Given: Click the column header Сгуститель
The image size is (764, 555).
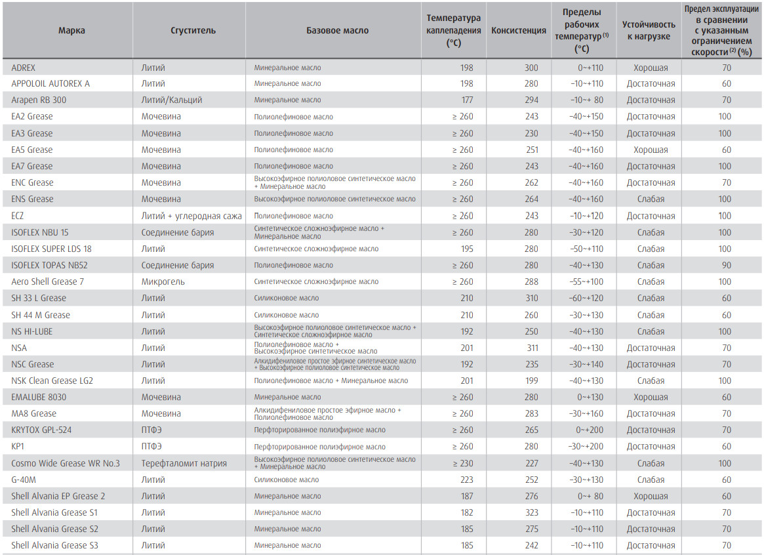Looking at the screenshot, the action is (193, 30).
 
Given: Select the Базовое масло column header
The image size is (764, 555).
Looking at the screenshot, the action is (337, 30).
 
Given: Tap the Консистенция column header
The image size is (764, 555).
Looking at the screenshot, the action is (519, 30).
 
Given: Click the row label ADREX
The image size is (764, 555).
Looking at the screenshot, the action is (24, 68).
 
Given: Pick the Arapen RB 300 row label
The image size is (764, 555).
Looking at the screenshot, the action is (39, 100).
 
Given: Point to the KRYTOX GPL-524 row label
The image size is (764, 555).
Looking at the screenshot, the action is (41, 430).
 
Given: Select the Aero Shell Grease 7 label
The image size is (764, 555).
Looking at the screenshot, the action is (47, 281).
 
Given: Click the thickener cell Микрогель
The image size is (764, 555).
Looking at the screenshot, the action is (163, 281).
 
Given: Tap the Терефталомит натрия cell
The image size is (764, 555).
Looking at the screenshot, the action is (184, 463).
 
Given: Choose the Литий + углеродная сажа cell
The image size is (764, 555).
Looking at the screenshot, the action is (191, 216).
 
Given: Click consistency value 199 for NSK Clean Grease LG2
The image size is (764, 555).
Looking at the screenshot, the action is (532, 380).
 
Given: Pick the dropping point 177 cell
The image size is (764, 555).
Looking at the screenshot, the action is (467, 100).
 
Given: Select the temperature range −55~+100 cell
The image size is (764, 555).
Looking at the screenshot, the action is (586, 281).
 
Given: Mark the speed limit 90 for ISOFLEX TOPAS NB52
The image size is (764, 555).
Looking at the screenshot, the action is (727, 265).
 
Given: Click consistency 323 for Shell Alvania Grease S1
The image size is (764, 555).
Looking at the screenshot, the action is (532, 512).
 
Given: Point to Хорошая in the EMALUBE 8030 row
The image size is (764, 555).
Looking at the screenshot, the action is (651, 397).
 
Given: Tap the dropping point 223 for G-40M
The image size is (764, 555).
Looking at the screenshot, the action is (467, 480).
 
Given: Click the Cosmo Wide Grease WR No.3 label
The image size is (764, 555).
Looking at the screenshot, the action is (66, 463).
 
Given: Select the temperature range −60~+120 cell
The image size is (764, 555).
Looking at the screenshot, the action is (586, 298).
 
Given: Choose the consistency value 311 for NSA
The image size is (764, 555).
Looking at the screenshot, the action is (533, 348).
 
